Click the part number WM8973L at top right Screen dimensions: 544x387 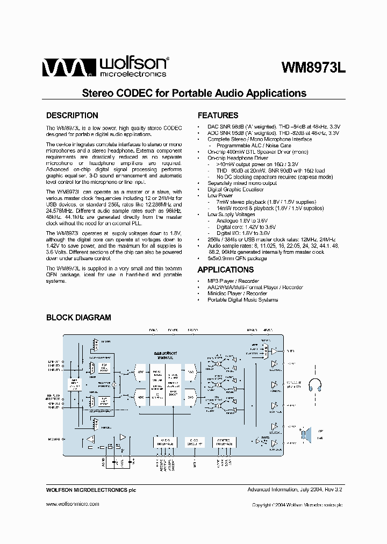click(x=314, y=68)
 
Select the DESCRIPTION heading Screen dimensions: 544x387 click(x=72, y=116)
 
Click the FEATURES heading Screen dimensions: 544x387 click(x=218, y=116)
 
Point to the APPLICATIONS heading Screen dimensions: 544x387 click(x=226, y=270)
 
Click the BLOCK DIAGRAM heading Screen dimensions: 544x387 click(x=78, y=318)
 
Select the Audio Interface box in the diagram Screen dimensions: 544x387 click(x=164, y=442)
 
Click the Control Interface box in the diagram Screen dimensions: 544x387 click(x=225, y=442)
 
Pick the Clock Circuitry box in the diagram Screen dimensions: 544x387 click(x=194, y=442)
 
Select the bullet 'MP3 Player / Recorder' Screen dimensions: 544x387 click(x=233, y=281)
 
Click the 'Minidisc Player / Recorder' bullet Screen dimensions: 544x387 click(x=237, y=294)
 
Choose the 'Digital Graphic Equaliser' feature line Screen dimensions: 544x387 click(x=235, y=189)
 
